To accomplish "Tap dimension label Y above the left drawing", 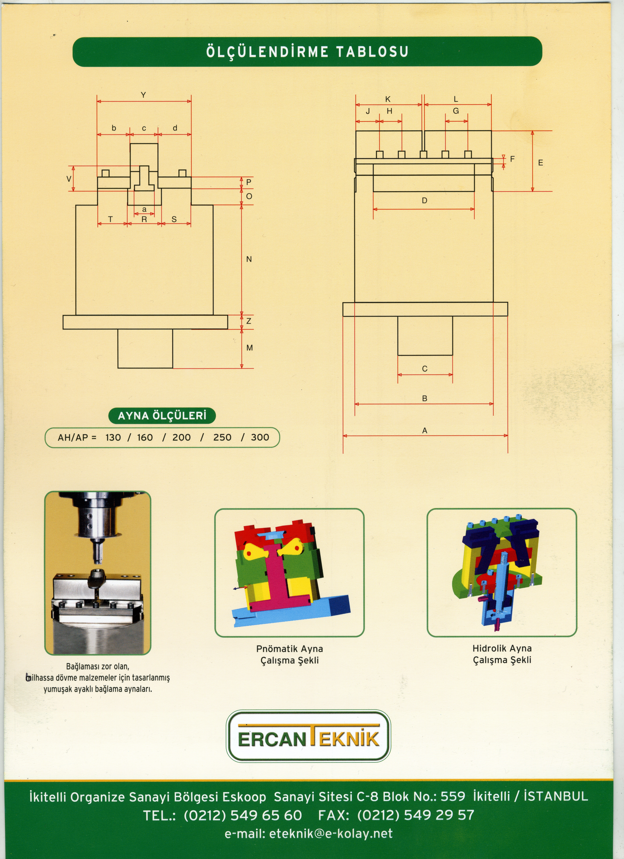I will (x=143, y=95).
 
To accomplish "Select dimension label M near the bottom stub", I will (x=249, y=348).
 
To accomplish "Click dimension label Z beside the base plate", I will (x=249, y=321).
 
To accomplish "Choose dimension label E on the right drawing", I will (x=540, y=163).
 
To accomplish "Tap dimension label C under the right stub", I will (x=425, y=369).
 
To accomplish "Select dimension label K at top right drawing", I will (x=388, y=99).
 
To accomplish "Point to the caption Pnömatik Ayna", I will (x=290, y=649).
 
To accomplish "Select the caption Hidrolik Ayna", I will (x=502, y=648).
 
